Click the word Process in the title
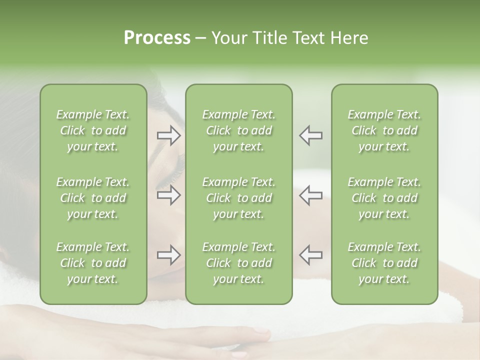click(x=157, y=38)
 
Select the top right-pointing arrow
click(x=168, y=136)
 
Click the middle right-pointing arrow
click(x=168, y=195)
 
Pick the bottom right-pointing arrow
click(x=168, y=255)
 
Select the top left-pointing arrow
click(x=310, y=136)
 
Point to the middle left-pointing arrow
click(x=310, y=195)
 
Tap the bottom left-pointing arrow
click(x=310, y=255)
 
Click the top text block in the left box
click(x=93, y=130)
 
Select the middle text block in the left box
click(x=93, y=198)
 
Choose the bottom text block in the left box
click(x=93, y=263)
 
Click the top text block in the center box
click(x=238, y=130)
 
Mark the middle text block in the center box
click(x=238, y=198)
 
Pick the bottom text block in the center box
click(x=238, y=263)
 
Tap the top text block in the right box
click(x=384, y=130)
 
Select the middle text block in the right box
click(x=384, y=198)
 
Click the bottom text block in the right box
click(x=384, y=263)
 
